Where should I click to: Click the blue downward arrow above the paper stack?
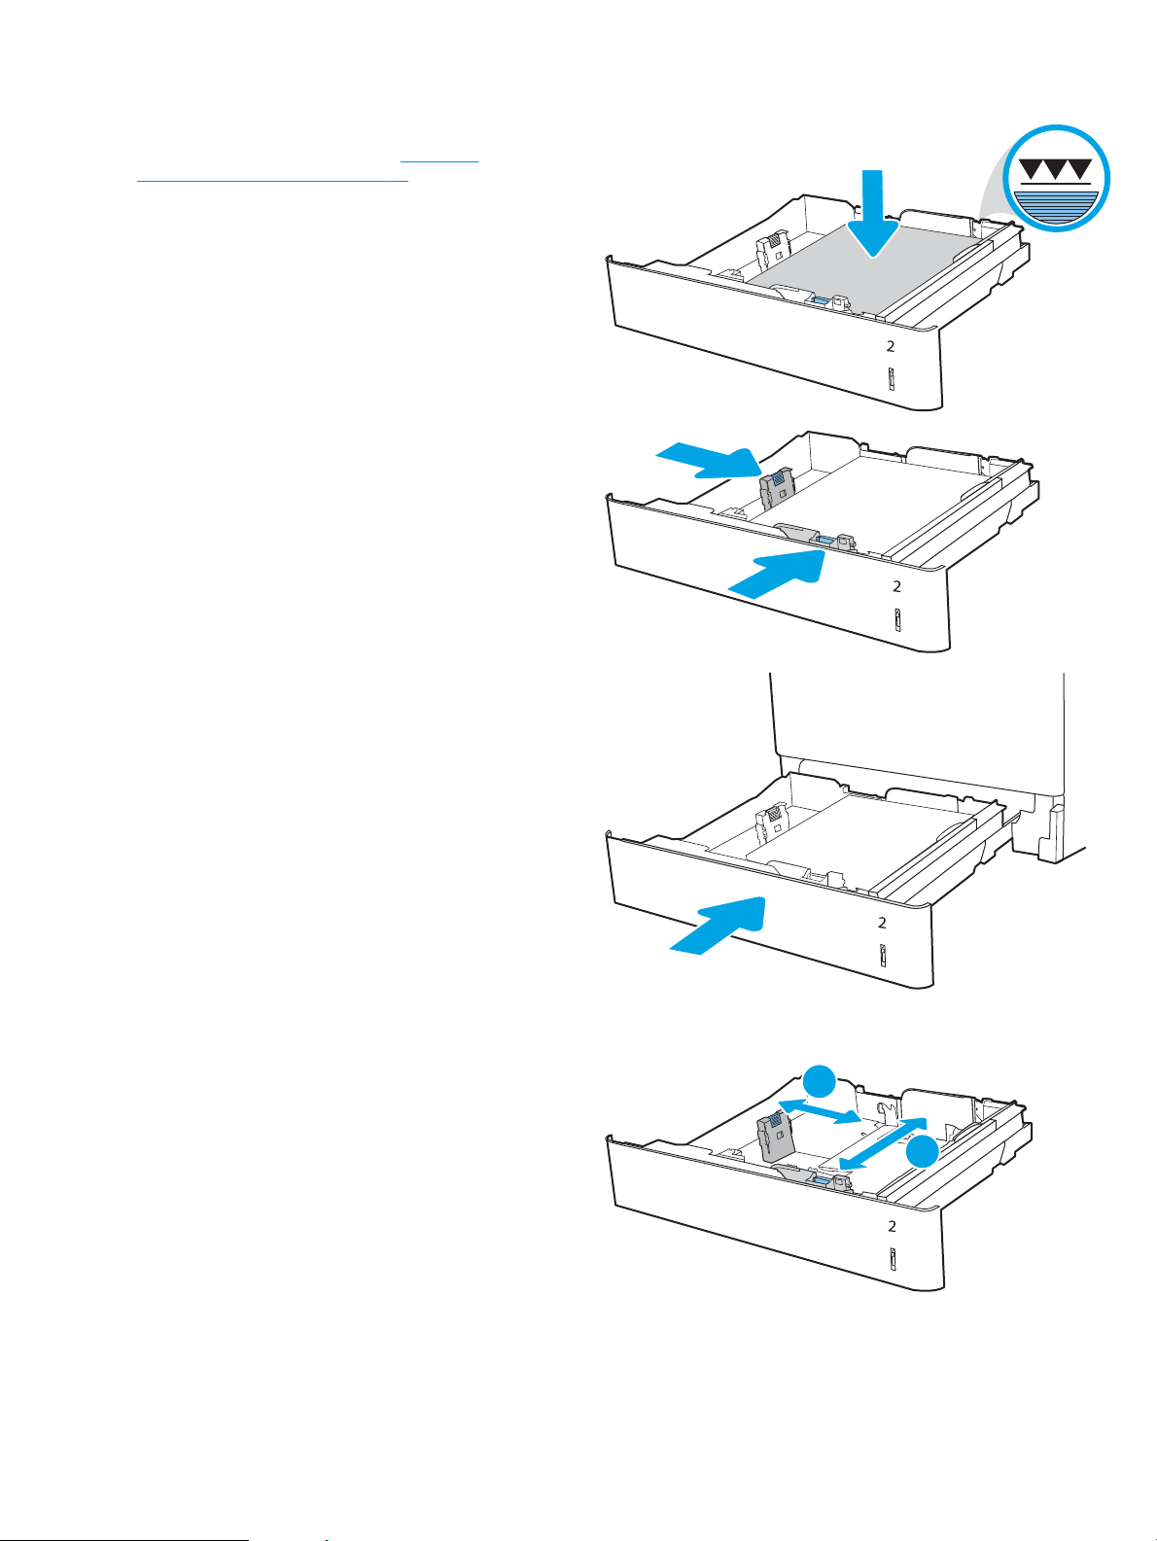(872, 214)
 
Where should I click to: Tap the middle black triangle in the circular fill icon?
(1056, 170)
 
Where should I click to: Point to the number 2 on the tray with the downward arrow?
(891, 346)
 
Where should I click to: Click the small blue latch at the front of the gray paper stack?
(820, 300)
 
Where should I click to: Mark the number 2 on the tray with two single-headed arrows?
(896, 586)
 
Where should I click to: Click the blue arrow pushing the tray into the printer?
(717, 926)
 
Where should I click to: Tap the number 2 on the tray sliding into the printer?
(883, 923)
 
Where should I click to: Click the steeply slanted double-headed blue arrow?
(884, 1144)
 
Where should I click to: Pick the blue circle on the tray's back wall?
(820, 1082)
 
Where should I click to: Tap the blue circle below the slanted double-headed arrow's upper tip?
(921, 1153)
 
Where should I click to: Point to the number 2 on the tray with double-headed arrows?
(892, 1226)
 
